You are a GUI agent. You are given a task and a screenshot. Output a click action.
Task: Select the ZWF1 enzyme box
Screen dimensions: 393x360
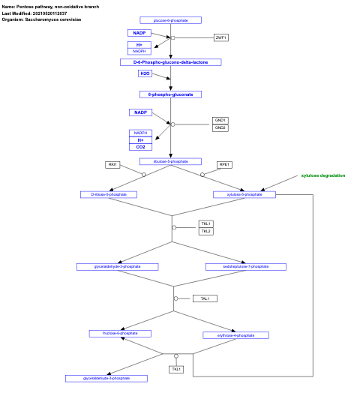pos(220,37)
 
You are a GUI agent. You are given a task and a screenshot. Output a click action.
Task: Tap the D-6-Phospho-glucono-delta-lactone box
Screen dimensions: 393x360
pos(170,62)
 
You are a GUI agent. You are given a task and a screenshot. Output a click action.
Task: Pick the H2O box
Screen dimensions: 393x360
pos(145,73)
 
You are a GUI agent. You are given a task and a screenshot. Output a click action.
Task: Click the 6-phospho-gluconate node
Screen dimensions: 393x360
pos(170,94)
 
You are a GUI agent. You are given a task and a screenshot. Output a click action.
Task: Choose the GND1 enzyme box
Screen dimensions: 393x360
pos(220,120)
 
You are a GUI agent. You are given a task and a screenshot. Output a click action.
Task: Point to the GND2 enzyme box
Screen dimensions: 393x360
pos(220,127)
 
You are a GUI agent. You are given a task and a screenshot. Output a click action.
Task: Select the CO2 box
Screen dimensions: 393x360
pos(140,147)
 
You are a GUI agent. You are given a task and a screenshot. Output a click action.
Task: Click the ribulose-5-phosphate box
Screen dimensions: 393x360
pos(170,161)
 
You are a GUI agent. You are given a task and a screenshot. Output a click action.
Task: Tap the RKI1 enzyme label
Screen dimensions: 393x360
pos(112,164)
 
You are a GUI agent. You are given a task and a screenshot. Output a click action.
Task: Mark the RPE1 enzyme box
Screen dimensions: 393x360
pos(223,164)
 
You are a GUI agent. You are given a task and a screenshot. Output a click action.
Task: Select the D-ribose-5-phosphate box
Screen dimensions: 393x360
pos(109,194)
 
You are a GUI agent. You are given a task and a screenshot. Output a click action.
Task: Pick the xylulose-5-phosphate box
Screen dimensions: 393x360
pos(244,194)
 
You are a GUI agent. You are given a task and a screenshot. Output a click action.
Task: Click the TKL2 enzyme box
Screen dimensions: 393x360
pos(205,231)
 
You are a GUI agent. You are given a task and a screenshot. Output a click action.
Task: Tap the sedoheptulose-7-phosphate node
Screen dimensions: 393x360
pos(245,266)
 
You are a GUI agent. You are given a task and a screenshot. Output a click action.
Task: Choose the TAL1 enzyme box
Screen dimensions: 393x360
pos(205,298)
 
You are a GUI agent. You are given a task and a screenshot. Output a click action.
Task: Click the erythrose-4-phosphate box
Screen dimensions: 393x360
pos(235,335)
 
